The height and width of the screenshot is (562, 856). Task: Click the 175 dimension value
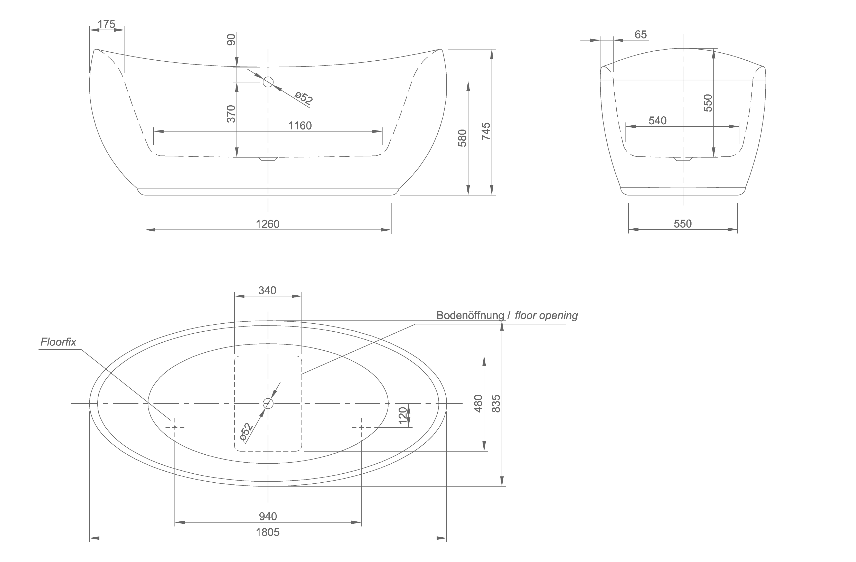tap(107, 24)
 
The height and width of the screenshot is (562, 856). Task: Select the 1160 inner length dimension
tap(300, 126)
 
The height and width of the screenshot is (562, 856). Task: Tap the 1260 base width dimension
tap(268, 224)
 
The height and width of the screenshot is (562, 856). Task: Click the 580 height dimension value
tap(463, 138)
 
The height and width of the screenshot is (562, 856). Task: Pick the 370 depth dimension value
tap(231, 114)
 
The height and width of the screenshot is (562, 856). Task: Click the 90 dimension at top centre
tap(231, 40)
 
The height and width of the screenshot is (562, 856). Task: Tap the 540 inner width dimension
tap(657, 120)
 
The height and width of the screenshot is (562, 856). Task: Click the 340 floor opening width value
tap(267, 290)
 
